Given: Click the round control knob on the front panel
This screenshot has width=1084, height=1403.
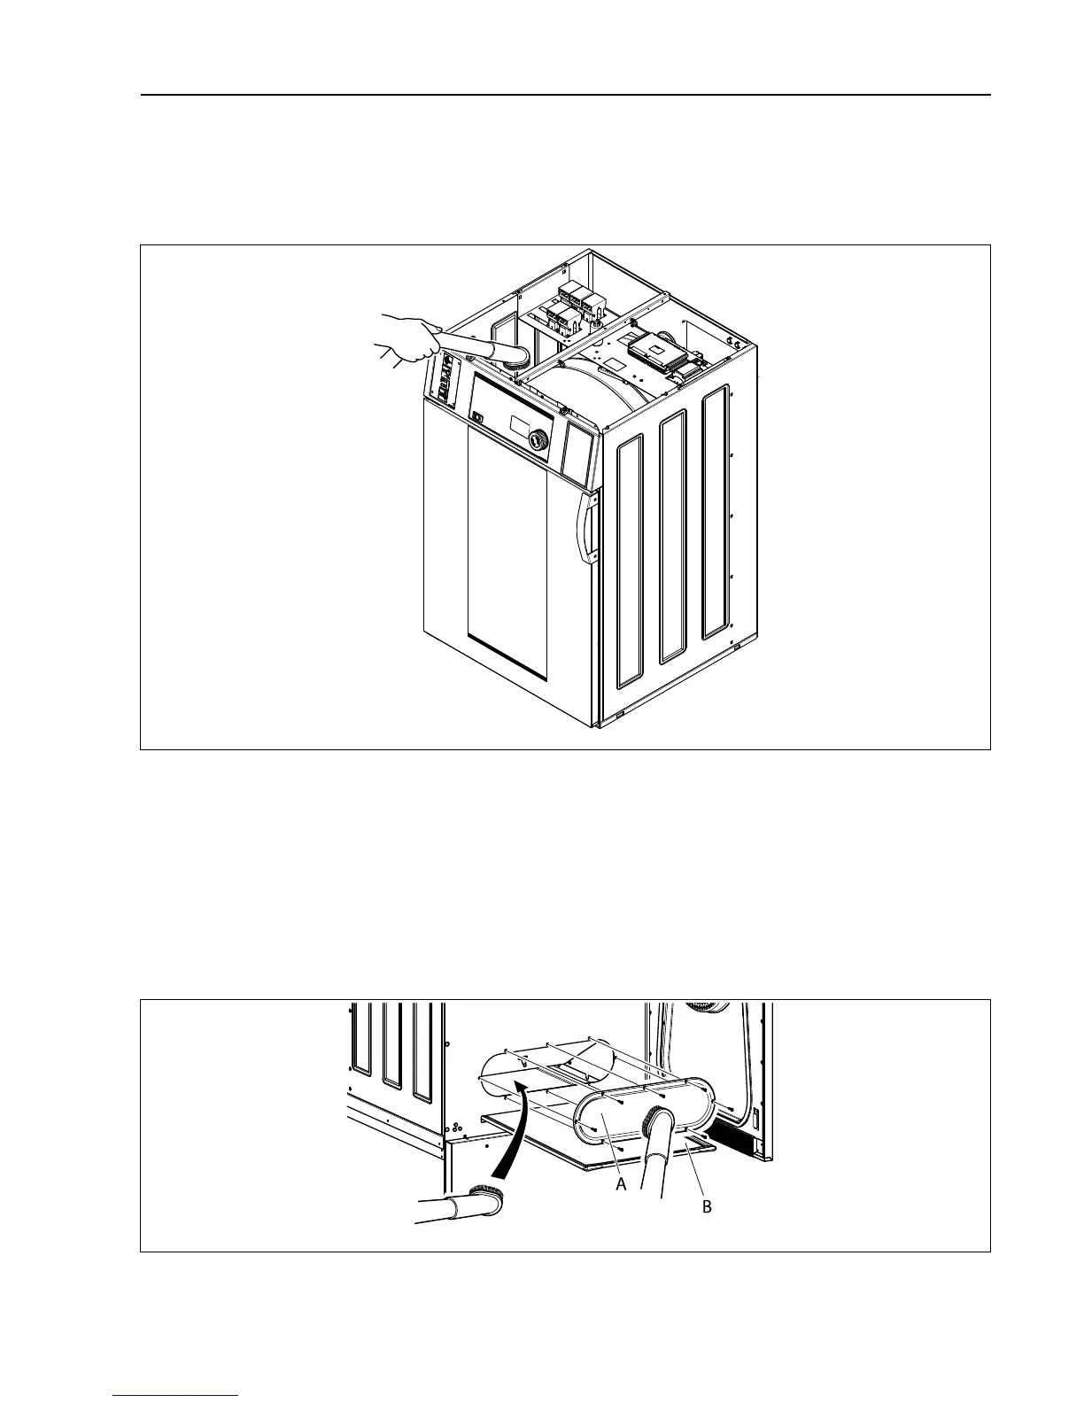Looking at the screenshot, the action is [538, 440].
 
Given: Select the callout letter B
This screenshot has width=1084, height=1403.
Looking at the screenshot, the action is [707, 1206].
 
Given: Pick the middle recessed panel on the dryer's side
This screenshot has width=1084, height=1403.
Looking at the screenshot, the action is [673, 537].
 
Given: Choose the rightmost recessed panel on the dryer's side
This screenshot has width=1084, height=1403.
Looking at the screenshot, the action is [715, 513].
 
